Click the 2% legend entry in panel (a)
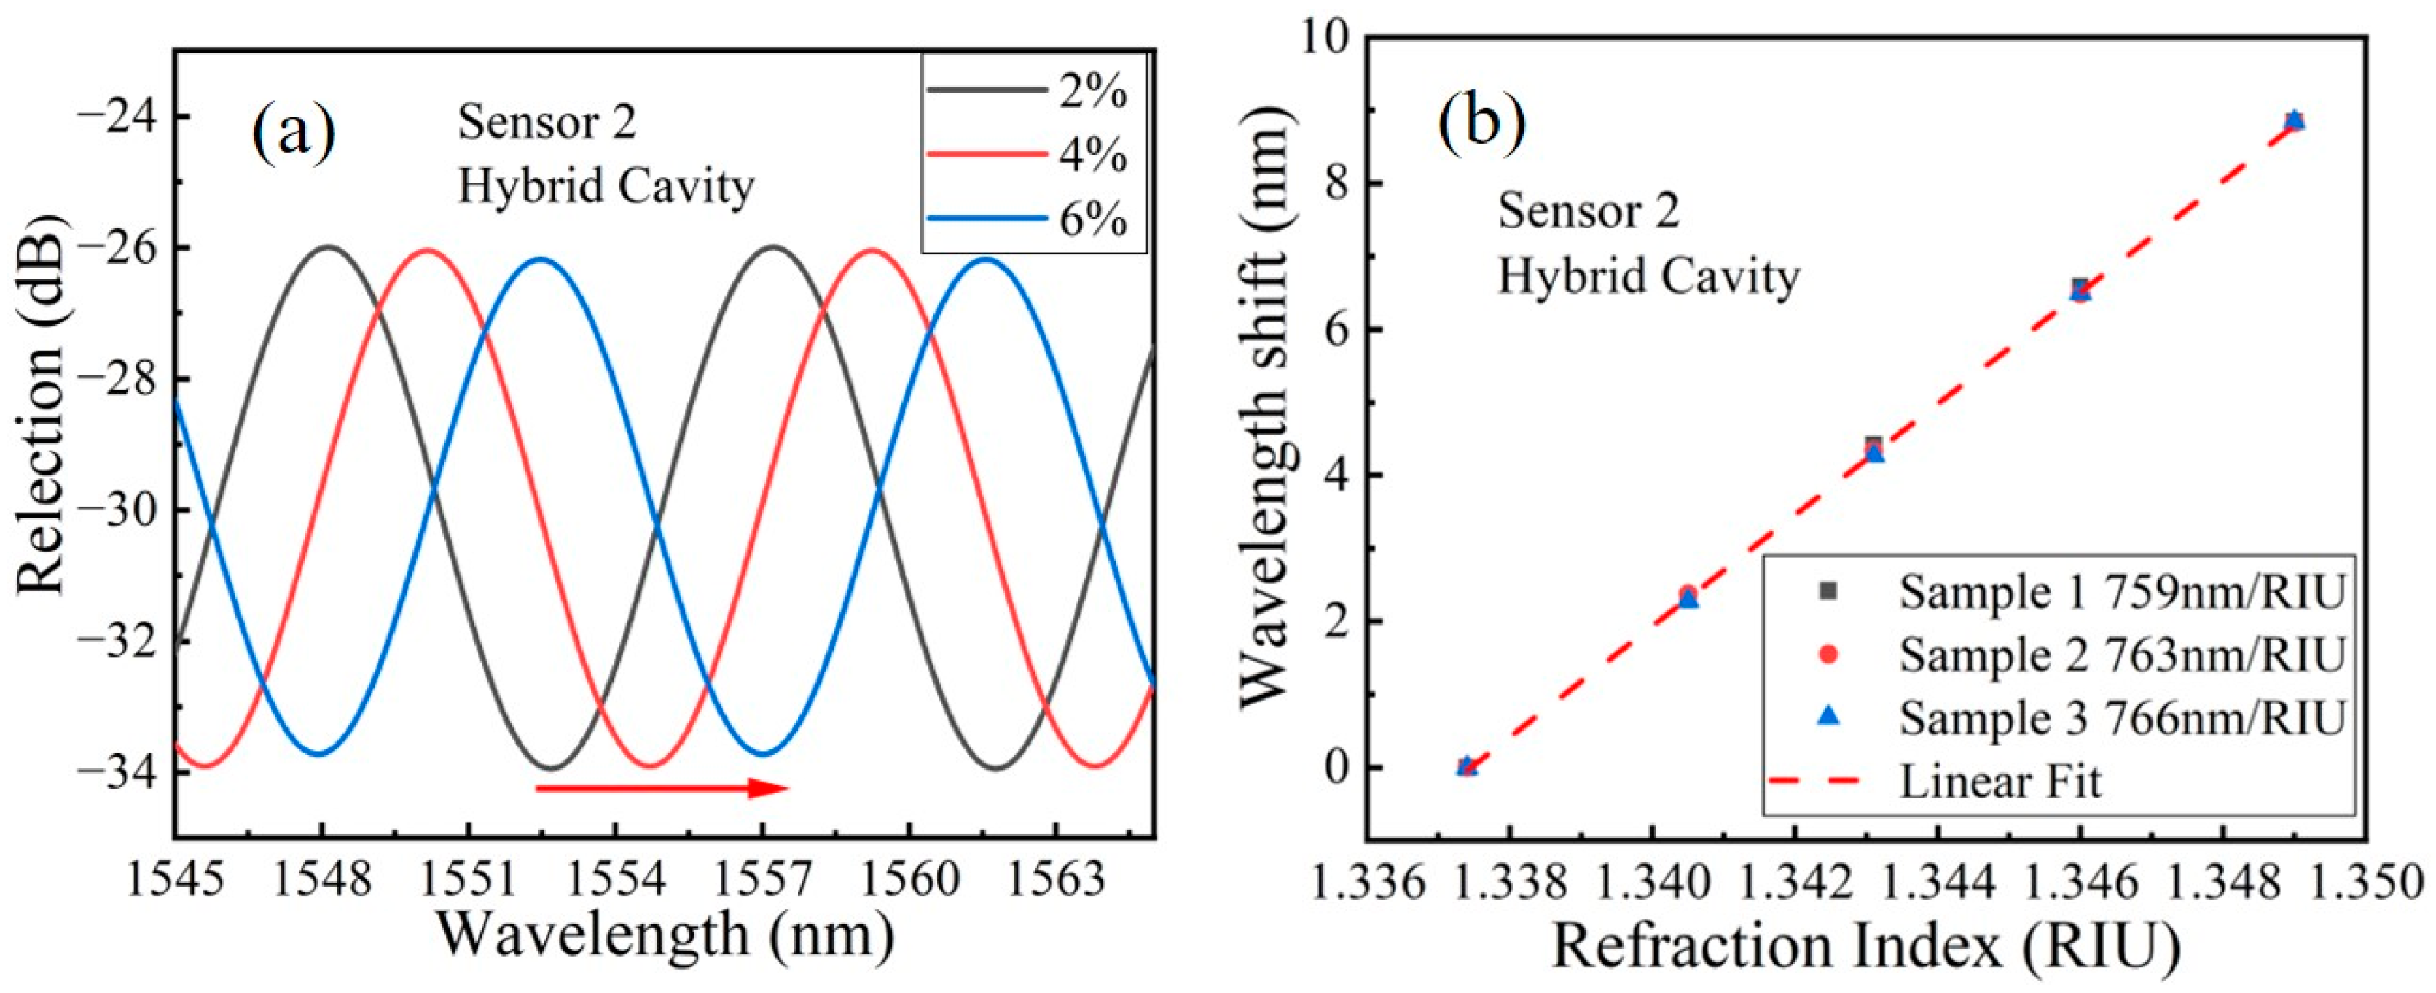click(x=1031, y=93)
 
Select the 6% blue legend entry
click(x=1031, y=219)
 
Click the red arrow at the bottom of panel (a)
click(x=662, y=787)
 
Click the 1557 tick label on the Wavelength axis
click(x=762, y=879)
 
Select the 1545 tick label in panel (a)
click(x=176, y=879)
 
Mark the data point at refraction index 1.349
click(x=2294, y=121)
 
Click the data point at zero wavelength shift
click(x=1466, y=766)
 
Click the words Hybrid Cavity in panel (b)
click(x=1648, y=277)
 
